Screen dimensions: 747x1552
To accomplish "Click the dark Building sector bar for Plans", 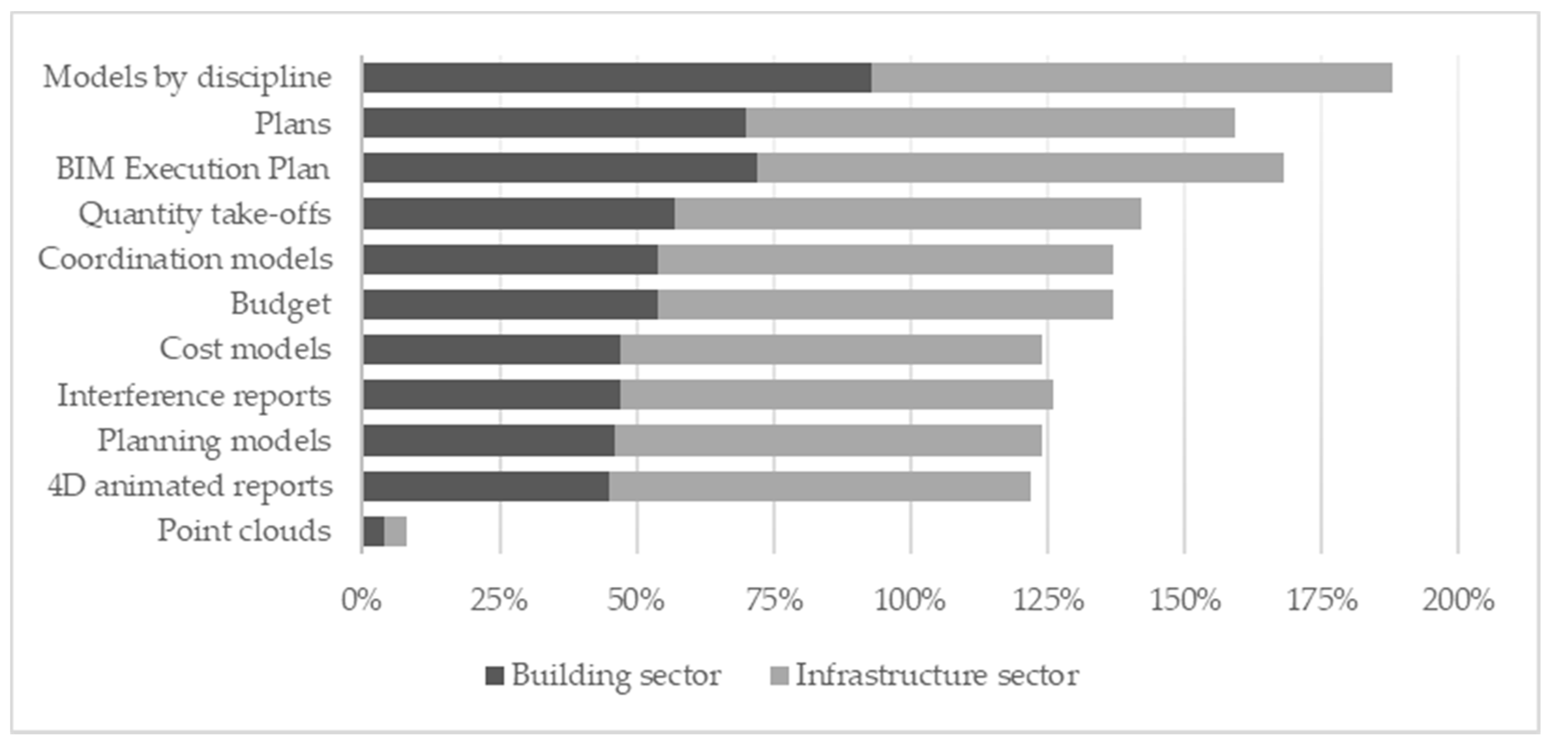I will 554,123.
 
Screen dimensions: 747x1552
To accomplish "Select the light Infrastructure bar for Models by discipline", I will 1132,78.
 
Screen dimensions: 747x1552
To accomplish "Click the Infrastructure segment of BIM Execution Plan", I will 1019,168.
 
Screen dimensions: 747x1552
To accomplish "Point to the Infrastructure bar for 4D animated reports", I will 819,486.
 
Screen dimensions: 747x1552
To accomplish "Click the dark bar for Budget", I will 510,304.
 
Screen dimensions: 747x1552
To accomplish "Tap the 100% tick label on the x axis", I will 910,601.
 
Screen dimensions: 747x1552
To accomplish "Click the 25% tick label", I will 499,601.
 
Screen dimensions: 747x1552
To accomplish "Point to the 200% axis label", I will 1458,601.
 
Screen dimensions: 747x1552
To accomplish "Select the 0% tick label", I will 362,601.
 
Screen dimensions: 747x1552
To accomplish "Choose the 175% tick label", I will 1322,601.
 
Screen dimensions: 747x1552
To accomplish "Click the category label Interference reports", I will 194,396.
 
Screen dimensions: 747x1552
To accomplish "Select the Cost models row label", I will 245,349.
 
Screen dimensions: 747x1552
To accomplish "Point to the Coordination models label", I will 186,259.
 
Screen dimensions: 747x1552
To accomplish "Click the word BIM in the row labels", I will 86,169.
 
